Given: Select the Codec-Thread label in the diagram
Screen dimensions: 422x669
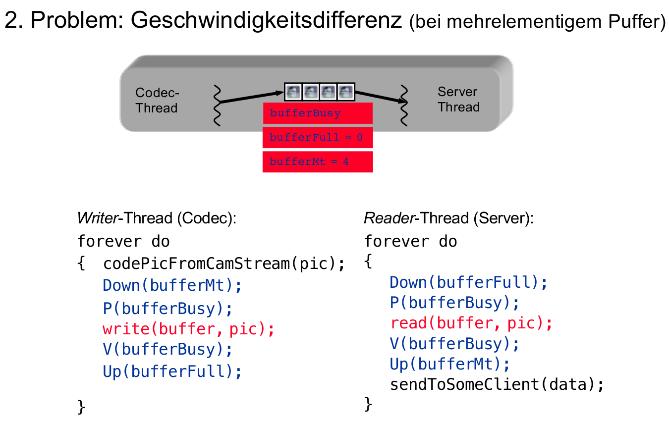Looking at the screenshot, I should pyautogui.click(x=157, y=101).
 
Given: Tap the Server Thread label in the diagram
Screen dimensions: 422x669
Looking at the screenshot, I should pyautogui.click(x=458, y=100).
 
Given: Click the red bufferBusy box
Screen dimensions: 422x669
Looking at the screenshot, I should pyautogui.click(x=318, y=113).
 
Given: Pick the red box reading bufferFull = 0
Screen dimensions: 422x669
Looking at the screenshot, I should pyautogui.click(x=318, y=137).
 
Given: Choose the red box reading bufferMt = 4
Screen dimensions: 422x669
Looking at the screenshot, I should pyautogui.click(x=318, y=161).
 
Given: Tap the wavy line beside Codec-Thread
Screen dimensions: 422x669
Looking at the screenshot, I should pyautogui.click(x=217, y=105).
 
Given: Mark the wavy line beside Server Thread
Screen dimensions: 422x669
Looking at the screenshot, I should pyautogui.click(x=404, y=105).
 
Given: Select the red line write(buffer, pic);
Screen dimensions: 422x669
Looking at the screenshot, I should pyautogui.click(x=188, y=328).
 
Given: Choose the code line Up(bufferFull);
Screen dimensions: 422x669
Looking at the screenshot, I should pyautogui.click(x=172, y=371).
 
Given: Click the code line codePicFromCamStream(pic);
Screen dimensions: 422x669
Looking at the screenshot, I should pyautogui.click(x=223, y=264).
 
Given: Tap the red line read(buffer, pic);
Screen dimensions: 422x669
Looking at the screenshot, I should pyautogui.click(x=471, y=323).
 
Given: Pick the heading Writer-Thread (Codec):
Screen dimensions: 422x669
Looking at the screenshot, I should pyautogui.click(x=157, y=218).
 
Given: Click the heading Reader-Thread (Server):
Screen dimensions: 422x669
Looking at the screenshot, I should pyautogui.click(x=448, y=218).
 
